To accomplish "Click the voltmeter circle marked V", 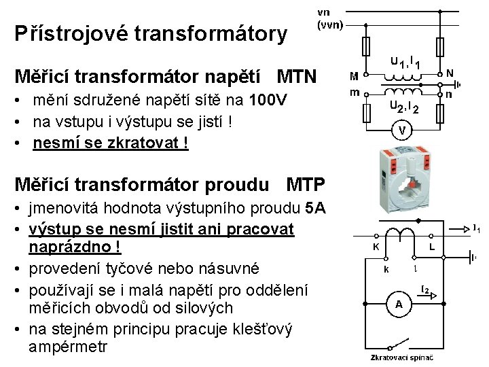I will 403,129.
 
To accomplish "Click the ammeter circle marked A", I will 399,304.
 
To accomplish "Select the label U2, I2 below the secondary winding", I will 403,106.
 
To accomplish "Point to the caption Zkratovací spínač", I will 398,357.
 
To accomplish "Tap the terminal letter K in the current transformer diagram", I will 376,247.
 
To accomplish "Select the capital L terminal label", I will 433,247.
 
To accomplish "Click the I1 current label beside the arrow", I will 477,229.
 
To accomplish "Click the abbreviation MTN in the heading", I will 297,75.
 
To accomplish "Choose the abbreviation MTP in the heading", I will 306,184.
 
